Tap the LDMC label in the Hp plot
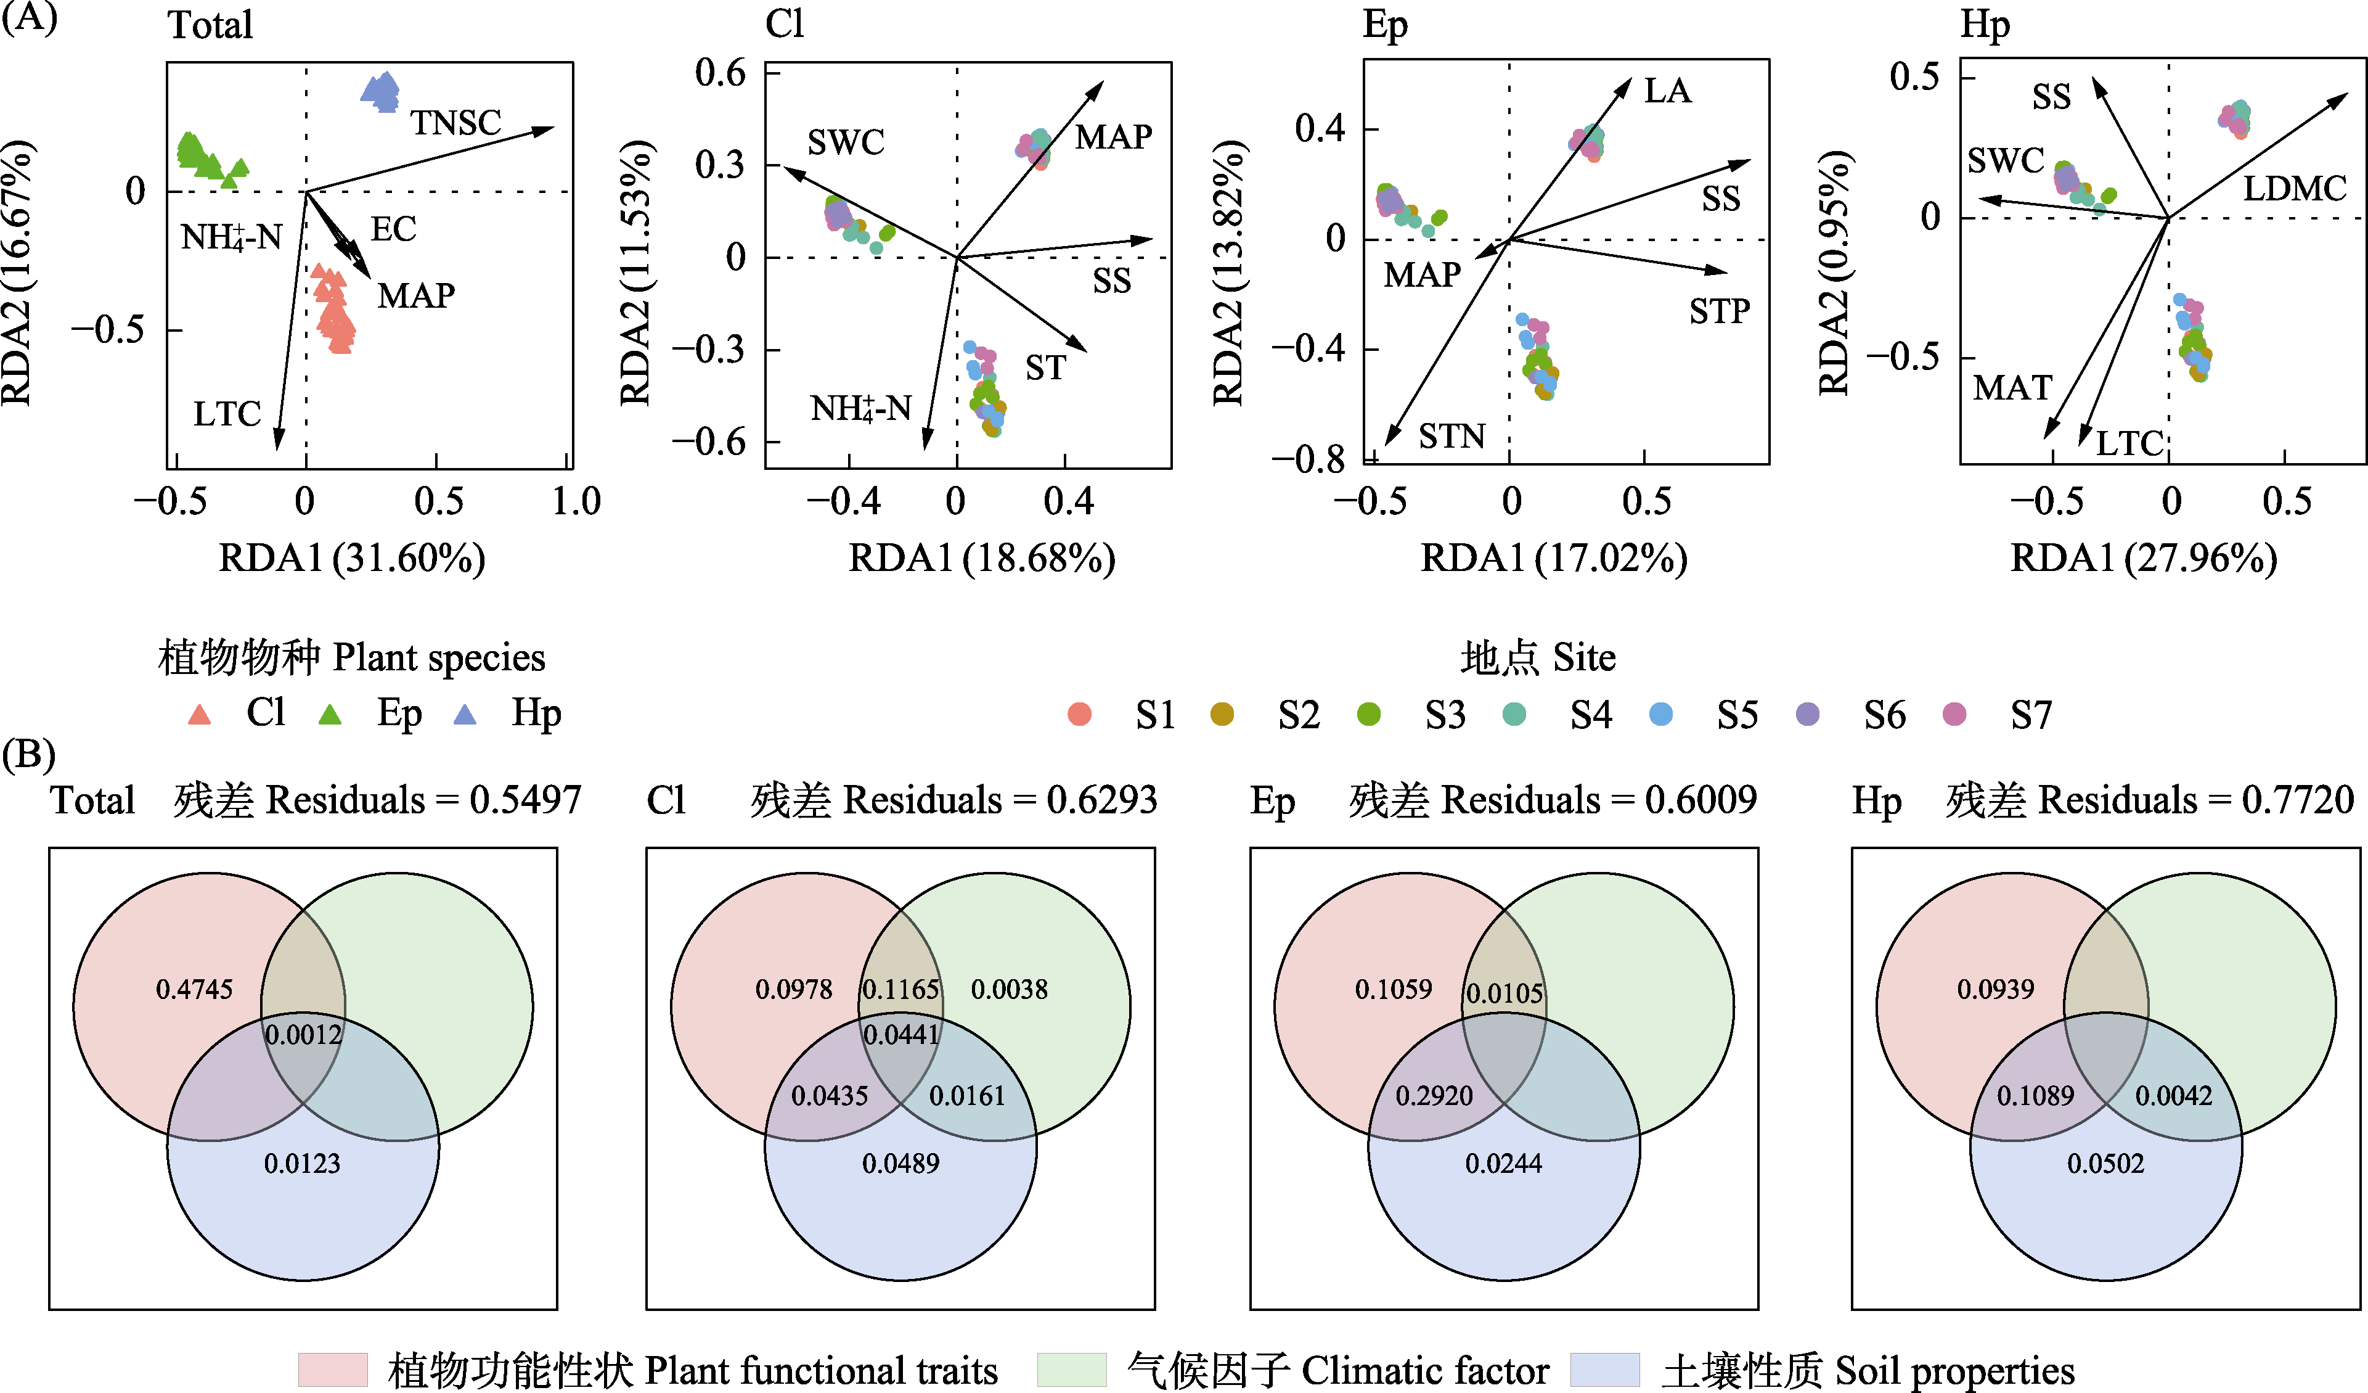tap(2295, 189)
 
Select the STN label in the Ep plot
tap(1452, 436)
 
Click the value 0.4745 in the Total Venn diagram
tap(195, 989)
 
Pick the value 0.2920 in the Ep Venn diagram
tap(1434, 1095)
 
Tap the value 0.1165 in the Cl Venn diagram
tap(900, 989)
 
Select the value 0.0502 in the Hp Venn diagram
tap(2106, 1164)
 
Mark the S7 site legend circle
tap(1954, 714)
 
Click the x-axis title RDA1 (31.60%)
tap(353, 558)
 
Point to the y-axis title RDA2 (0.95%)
tap(1834, 273)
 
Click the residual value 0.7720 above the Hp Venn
tap(2298, 800)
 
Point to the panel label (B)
tap(29, 754)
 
